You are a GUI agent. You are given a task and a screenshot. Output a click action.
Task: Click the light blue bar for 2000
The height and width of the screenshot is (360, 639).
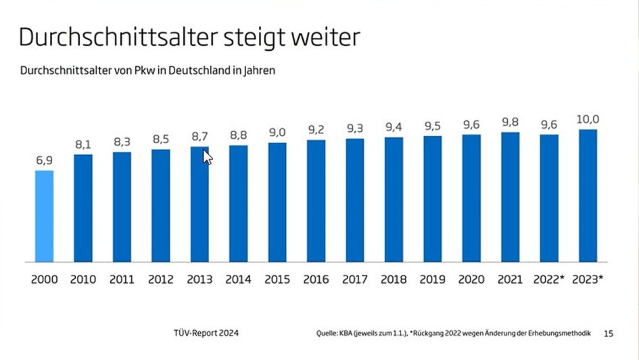click(x=44, y=216)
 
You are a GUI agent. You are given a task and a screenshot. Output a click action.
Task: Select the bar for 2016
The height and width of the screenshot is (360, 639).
click(x=316, y=201)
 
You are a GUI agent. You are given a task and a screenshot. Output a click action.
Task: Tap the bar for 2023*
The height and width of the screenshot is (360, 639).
click(x=588, y=196)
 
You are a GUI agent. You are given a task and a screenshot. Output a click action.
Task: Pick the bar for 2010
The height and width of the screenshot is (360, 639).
click(x=82, y=208)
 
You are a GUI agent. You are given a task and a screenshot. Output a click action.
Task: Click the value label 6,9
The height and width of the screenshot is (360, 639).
click(x=44, y=161)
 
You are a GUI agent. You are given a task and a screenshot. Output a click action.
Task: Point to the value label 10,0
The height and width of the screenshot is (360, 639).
click(x=588, y=120)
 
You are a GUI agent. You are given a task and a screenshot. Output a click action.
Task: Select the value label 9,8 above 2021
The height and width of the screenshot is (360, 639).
click(x=511, y=122)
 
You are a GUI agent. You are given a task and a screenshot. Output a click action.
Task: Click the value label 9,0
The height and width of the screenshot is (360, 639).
click(x=277, y=133)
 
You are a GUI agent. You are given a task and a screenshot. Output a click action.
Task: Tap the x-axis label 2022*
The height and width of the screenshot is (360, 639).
click(x=548, y=279)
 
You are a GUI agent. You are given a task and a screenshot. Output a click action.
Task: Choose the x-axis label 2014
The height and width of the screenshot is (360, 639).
click(x=238, y=279)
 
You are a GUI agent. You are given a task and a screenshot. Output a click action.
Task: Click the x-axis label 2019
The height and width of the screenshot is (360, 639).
click(x=432, y=279)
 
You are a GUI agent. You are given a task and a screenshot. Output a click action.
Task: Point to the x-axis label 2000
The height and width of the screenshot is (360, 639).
click(x=44, y=279)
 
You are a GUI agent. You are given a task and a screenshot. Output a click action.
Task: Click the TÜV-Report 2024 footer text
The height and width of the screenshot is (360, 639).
click(x=206, y=333)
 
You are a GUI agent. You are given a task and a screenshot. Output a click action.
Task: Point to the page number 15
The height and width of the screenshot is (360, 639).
click(x=609, y=333)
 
